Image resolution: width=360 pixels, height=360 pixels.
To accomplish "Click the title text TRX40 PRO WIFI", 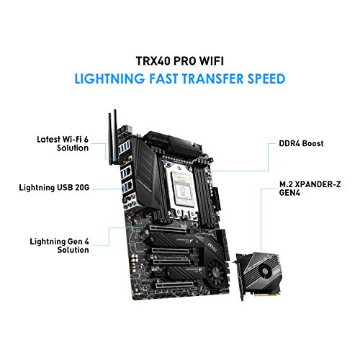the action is (180, 61).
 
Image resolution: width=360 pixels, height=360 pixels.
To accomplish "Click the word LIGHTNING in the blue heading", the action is (109, 78).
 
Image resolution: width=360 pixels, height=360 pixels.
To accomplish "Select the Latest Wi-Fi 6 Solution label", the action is (63, 143).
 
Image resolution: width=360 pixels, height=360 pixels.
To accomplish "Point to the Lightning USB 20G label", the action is (54, 187).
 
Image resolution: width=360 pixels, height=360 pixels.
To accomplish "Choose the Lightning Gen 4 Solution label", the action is (60, 246).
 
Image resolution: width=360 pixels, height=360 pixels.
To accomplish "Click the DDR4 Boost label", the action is (301, 143).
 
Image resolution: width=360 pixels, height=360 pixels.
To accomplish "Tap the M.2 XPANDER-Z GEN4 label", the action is (310, 189).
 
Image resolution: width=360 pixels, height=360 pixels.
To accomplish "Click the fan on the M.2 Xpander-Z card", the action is (264, 271).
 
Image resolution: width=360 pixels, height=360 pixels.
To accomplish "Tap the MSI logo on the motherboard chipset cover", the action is (212, 247).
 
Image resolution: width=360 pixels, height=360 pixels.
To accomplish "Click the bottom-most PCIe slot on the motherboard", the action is (174, 285).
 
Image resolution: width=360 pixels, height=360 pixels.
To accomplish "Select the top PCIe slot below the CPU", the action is (168, 228).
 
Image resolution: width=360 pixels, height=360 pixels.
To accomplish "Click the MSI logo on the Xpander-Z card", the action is (277, 271).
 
